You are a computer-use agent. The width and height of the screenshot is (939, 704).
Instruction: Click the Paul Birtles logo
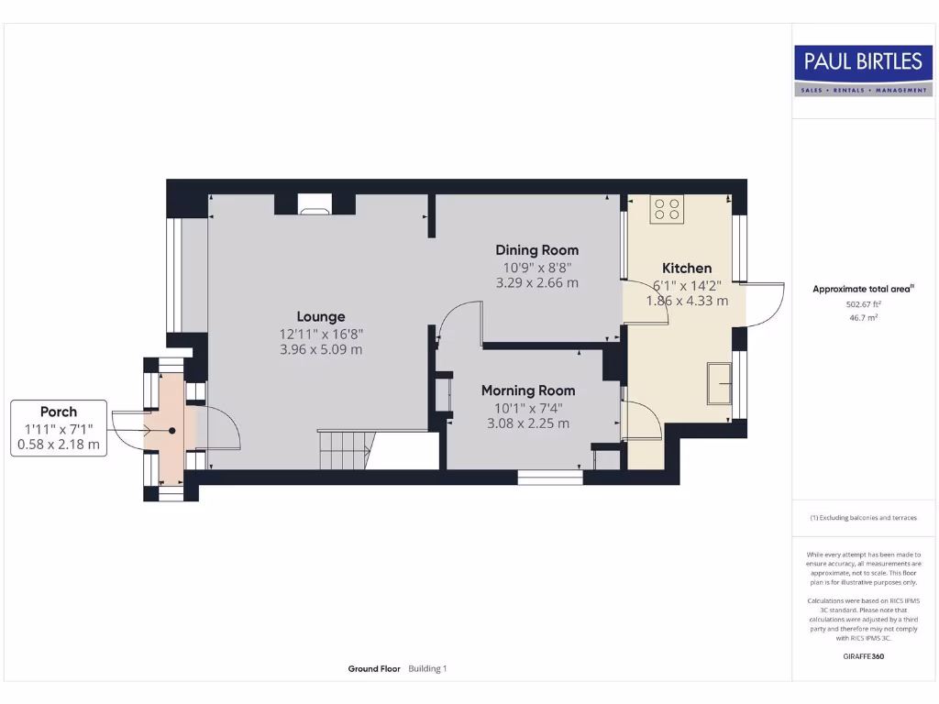coord(863,71)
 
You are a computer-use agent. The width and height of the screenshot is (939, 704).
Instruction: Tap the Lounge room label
coord(320,316)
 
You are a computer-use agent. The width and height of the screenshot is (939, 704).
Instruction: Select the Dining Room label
coord(536,249)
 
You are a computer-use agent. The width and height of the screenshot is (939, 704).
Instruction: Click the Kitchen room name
coord(687,268)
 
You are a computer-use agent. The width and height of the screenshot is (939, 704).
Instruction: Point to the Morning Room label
coord(528,390)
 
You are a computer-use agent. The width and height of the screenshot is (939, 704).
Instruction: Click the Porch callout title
coord(59,412)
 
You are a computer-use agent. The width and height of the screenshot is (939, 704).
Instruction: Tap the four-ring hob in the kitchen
coord(667,210)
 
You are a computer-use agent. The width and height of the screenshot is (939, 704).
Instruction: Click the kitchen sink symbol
coord(718,382)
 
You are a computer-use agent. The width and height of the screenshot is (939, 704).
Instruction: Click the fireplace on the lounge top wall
coord(315,205)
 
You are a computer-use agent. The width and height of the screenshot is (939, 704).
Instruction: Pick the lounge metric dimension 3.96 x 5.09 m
coord(320,349)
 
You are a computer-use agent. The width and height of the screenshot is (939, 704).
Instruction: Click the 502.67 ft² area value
coord(863,303)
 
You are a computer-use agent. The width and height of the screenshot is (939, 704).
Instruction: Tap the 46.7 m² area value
coord(863,317)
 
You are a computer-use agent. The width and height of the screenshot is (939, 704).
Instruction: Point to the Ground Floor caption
coord(374,669)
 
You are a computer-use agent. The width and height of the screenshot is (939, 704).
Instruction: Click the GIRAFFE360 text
coord(863,656)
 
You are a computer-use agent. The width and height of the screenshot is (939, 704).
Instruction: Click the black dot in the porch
coord(171,430)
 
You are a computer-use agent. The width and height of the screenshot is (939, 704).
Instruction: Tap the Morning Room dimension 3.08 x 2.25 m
coord(528,423)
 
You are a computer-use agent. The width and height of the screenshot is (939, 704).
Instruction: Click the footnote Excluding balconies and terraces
coord(863,518)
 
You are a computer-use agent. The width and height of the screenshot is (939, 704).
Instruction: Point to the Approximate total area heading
coord(863,289)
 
